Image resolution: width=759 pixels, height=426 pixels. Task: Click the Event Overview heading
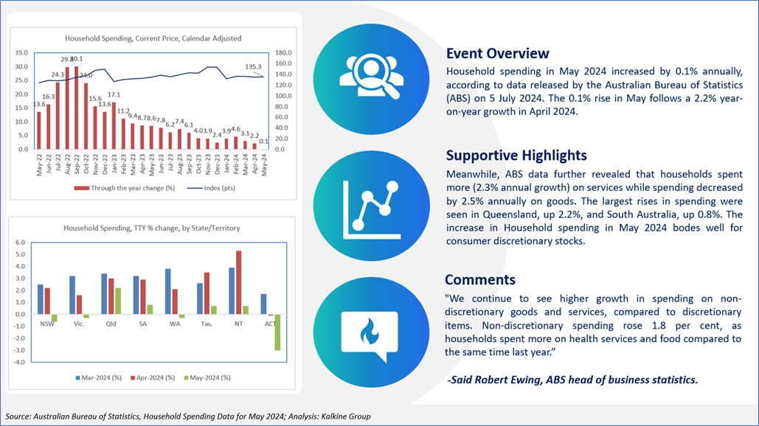(498, 53)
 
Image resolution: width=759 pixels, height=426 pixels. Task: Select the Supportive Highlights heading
(516, 156)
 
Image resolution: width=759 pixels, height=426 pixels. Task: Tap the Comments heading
(480, 279)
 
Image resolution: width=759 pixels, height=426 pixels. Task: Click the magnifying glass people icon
(371, 77)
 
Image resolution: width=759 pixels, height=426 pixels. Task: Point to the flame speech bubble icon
(370, 335)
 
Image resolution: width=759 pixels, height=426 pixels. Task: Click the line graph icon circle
(371, 206)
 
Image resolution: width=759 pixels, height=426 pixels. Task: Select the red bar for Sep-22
(77, 108)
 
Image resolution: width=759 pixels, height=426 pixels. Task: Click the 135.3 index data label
(253, 67)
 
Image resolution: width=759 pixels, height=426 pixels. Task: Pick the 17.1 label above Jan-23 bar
(114, 95)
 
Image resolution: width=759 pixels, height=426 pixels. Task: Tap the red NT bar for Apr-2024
(239, 282)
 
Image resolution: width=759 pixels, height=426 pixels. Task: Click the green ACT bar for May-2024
(277, 332)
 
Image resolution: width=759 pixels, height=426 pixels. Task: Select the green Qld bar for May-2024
(118, 301)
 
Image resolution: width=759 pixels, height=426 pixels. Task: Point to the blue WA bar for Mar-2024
(168, 292)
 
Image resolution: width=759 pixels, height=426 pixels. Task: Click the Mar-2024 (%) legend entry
(99, 377)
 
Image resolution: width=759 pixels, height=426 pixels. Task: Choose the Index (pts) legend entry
(211, 188)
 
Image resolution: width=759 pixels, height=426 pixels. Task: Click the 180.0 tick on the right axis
(283, 53)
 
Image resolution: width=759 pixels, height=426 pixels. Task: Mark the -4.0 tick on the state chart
(20, 362)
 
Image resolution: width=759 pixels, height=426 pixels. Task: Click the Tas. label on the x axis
(207, 324)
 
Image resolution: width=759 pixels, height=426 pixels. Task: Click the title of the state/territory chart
(151, 228)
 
